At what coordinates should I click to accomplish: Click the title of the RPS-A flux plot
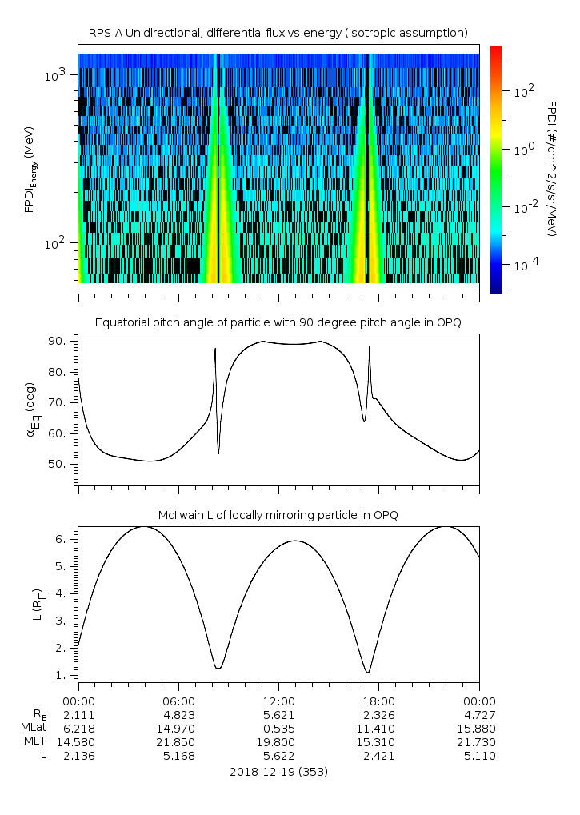pyautogui.click(x=278, y=33)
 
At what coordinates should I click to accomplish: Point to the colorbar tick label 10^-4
pyautogui.click(x=524, y=264)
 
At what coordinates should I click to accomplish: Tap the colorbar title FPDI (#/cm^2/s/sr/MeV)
pyautogui.click(x=552, y=168)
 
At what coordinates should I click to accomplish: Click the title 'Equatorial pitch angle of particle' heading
pyautogui.click(x=278, y=322)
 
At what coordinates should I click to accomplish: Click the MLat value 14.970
pyautogui.click(x=178, y=729)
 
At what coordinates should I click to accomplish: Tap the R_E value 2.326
pyautogui.click(x=378, y=714)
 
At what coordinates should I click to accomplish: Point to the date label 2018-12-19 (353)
pyautogui.click(x=278, y=773)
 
